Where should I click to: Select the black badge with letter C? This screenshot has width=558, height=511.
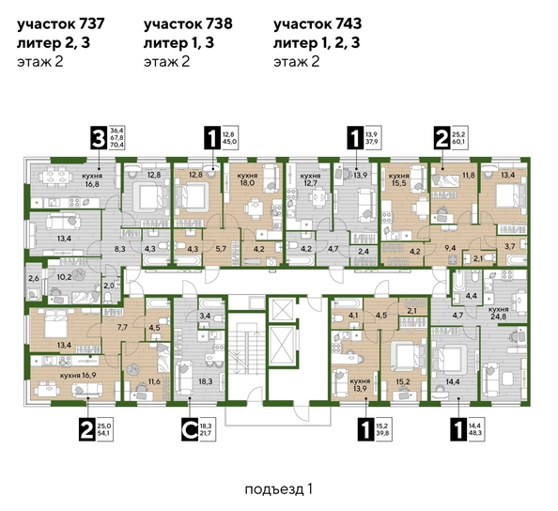[x=188, y=430]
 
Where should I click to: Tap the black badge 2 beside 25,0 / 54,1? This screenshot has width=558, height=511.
[x=88, y=430]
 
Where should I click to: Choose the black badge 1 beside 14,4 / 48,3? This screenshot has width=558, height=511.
[x=457, y=430]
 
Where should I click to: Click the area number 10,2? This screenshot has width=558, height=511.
[x=64, y=278]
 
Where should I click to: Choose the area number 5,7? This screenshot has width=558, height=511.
[x=220, y=249]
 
